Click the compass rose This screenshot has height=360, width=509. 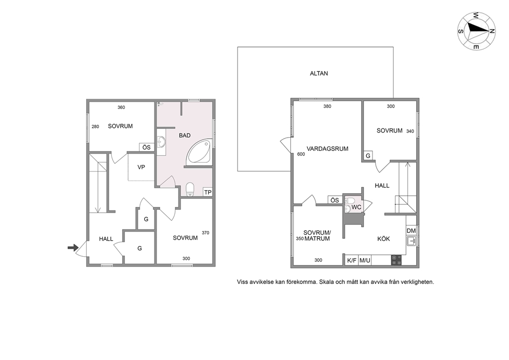[x=476, y=31]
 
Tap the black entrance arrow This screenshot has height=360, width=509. [x=73, y=248]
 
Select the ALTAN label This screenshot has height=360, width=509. [x=319, y=73]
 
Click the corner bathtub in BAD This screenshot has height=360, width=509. [x=199, y=152]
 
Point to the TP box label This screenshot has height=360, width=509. [x=208, y=193]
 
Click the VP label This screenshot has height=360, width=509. [x=141, y=167]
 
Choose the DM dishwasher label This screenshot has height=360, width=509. [x=411, y=231]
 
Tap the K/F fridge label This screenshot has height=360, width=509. [x=351, y=260]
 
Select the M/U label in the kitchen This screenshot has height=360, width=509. [x=365, y=260]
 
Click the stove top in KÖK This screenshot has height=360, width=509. [x=396, y=260]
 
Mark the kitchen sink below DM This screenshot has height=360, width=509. [x=412, y=241]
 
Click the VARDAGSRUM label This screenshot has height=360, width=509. [x=327, y=149]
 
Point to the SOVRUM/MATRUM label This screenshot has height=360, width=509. [x=317, y=236]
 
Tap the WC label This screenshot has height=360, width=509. [x=356, y=207]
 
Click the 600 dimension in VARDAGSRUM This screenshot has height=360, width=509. [x=301, y=154]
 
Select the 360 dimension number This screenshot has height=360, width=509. [x=121, y=107]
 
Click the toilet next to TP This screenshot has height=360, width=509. [x=190, y=190]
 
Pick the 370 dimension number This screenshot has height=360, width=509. [x=205, y=233]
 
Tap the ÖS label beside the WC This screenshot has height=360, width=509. [x=335, y=200]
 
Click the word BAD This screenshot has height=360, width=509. [x=185, y=136]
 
